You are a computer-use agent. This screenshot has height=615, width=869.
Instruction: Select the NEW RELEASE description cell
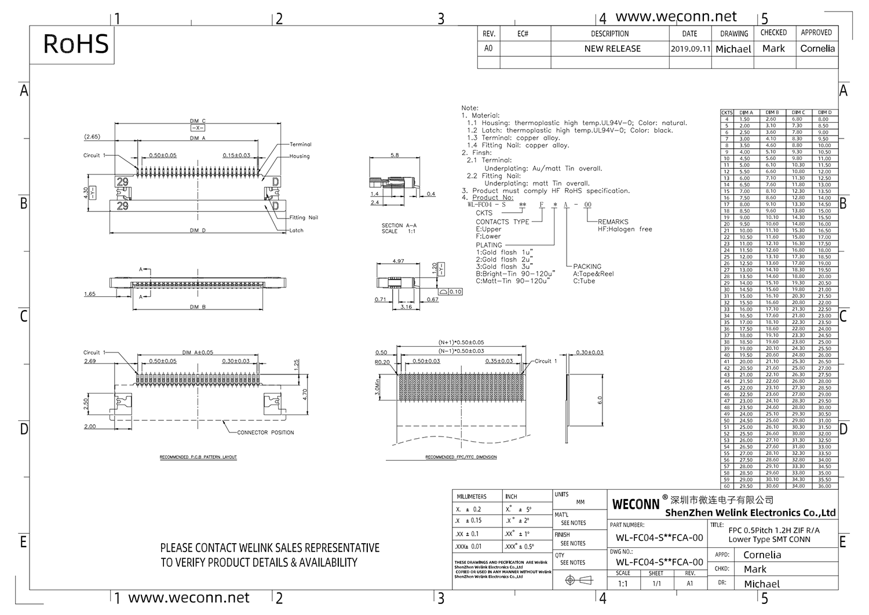(x=612, y=49)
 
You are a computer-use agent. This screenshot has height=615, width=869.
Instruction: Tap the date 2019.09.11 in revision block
(x=690, y=49)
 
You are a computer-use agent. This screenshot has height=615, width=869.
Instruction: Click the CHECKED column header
(x=773, y=33)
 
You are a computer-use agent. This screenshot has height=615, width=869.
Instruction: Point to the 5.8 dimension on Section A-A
(x=395, y=155)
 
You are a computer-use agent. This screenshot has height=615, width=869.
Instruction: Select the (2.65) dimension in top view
(x=92, y=137)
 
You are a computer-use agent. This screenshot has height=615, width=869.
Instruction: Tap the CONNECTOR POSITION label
(x=265, y=432)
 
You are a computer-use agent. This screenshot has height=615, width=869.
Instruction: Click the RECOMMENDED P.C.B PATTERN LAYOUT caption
(x=198, y=457)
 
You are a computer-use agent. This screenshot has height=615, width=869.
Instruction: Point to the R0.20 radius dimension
(x=382, y=362)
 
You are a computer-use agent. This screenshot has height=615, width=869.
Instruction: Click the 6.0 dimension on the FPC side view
(x=600, y=401)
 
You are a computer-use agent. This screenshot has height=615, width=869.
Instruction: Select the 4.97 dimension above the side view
(x=398, y=261)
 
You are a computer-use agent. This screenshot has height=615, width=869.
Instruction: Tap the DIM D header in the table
(x=824, y=112)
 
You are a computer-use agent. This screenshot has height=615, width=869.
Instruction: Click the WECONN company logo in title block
(x=636, y=504)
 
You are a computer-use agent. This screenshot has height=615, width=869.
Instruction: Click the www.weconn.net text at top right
(x=676, y=17)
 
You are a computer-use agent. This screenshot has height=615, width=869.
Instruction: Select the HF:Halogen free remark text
(x=625, y=230)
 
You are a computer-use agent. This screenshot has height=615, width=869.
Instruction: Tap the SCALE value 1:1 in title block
(x=623, y=584)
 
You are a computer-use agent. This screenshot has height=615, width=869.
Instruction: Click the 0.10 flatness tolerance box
(x=455, y=292)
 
